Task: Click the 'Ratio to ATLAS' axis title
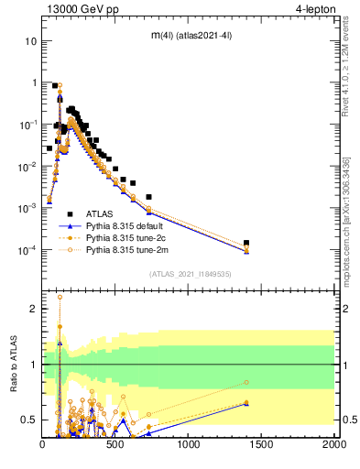[x=13, y=366]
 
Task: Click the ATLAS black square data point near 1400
[x=247, y=244]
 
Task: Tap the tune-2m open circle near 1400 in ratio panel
[x=247, y=383]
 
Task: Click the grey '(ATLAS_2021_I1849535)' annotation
[x=189, y=273]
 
